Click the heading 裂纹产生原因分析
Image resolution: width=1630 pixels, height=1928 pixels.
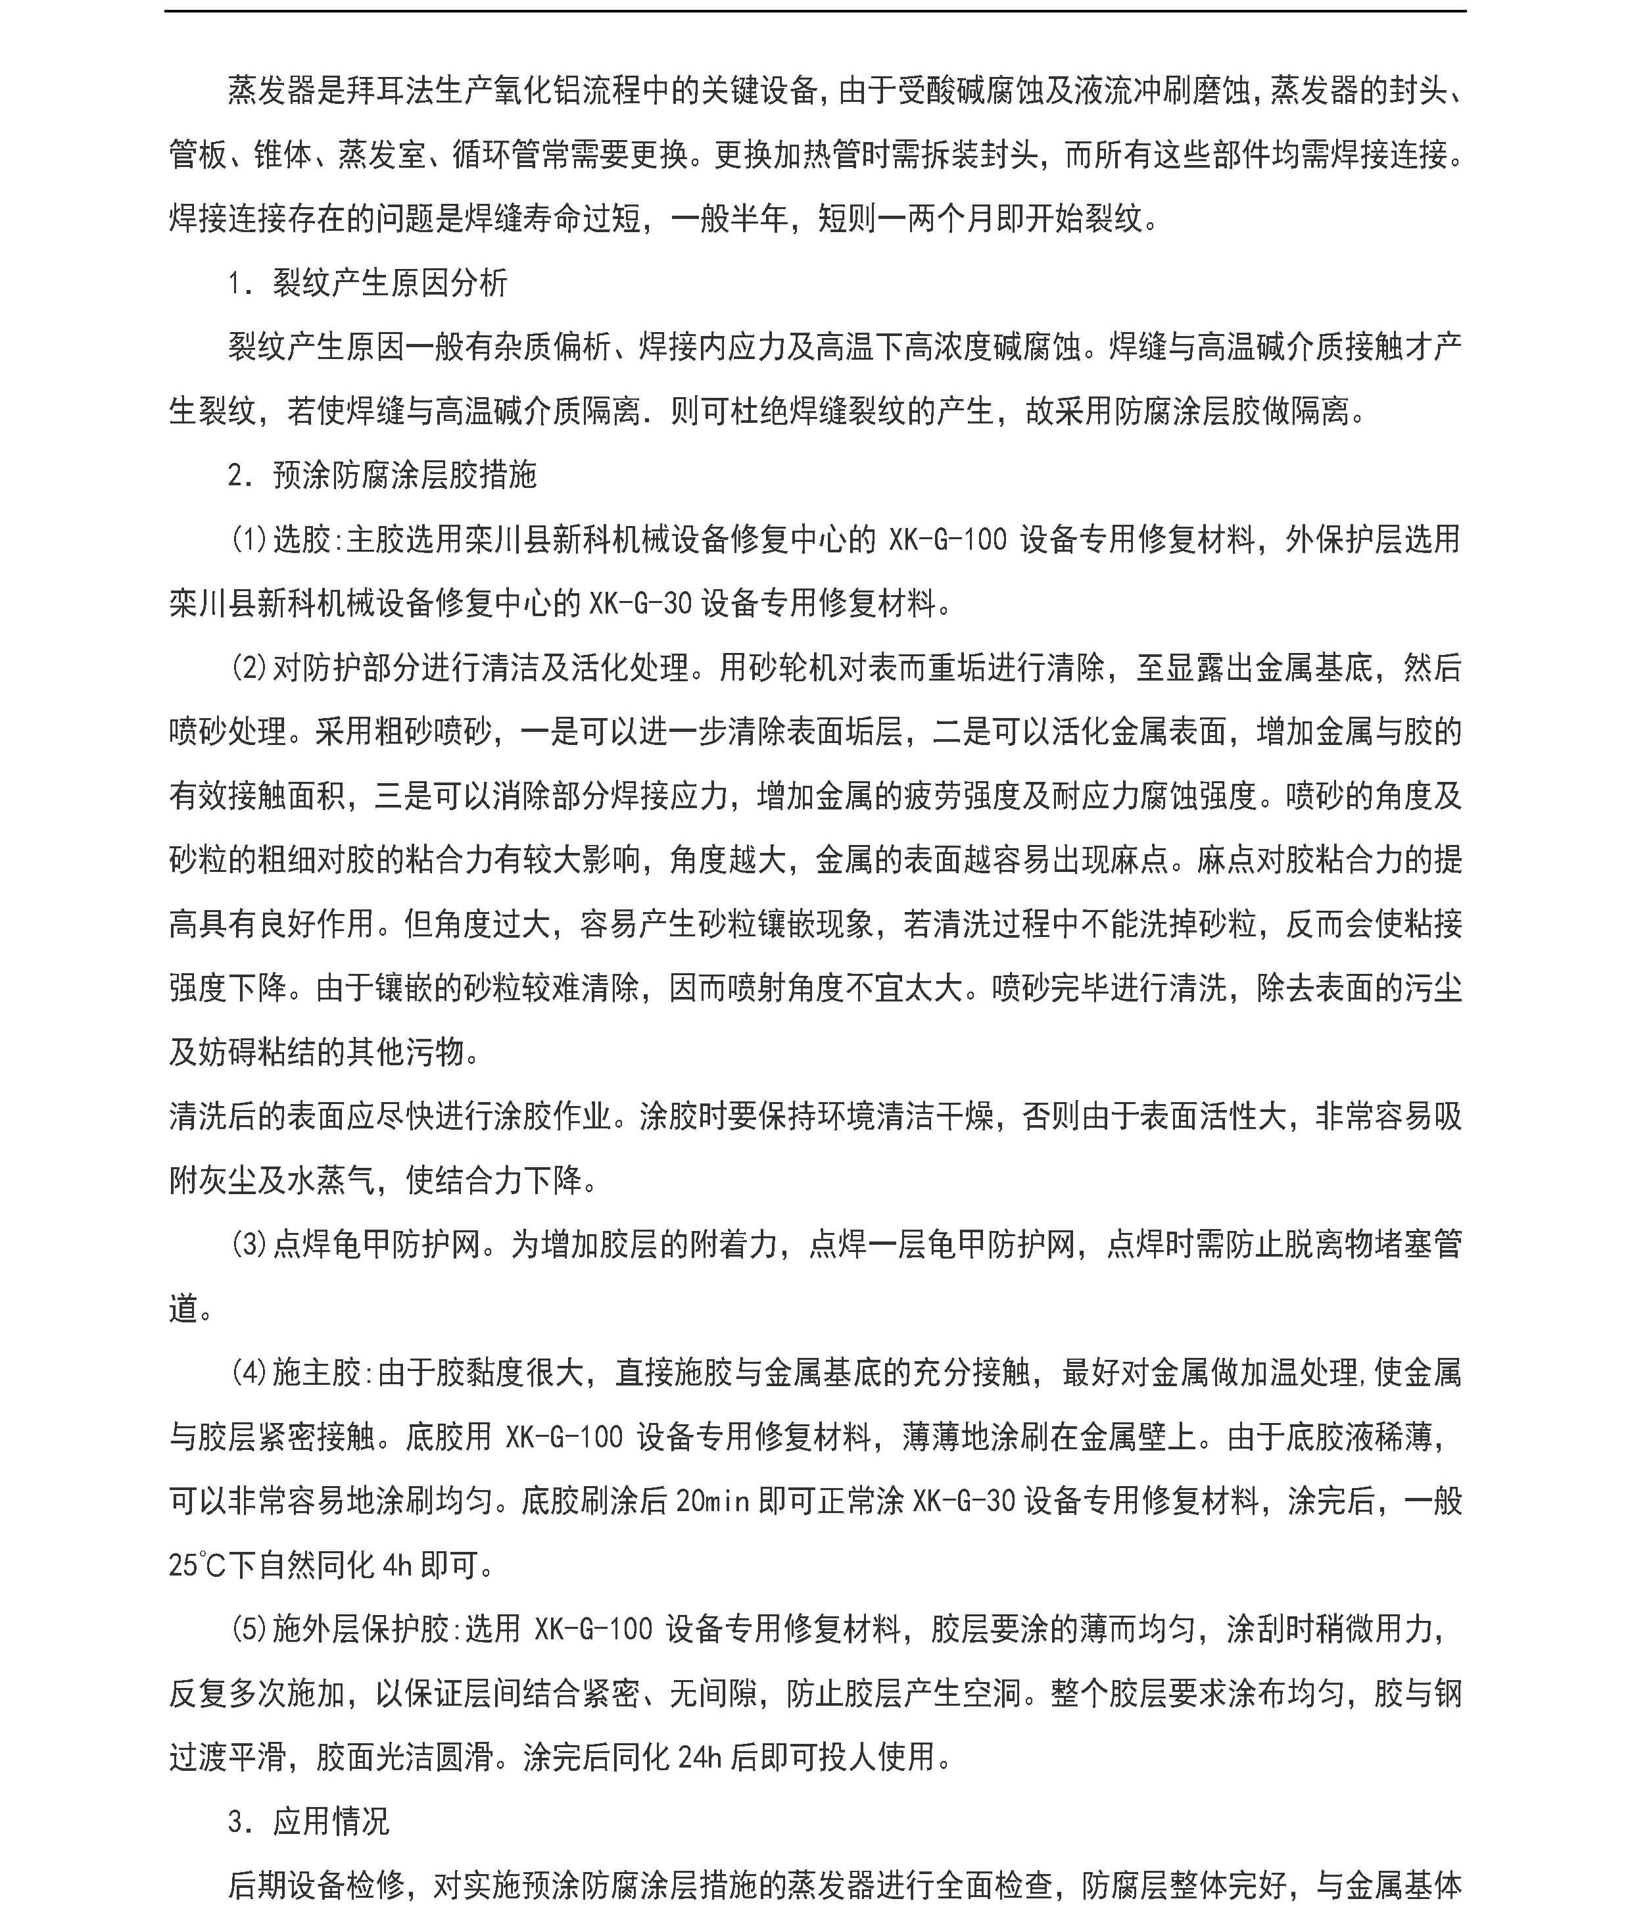389,283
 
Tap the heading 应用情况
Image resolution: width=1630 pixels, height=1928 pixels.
331,1821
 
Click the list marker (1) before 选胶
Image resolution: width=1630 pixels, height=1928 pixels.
249,539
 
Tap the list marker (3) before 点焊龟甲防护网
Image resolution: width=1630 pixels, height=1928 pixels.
249,1245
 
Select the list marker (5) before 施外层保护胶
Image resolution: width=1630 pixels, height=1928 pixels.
249,1629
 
